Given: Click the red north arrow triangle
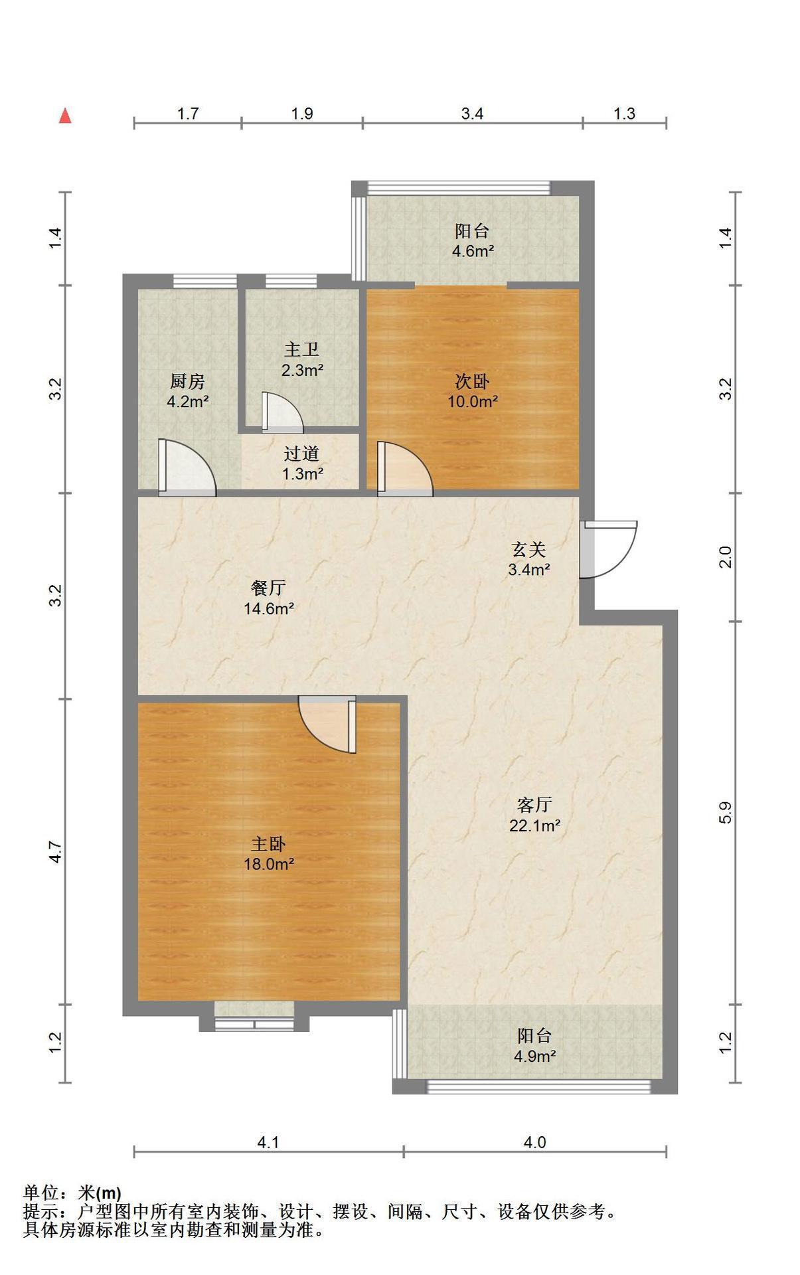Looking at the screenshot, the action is pos(65,116).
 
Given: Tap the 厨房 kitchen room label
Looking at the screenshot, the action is pos(188,382).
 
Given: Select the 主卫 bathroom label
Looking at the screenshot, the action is pos(302,350).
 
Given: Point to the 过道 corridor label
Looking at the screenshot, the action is pos(302,454).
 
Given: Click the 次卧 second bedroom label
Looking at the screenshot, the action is pos(473,381).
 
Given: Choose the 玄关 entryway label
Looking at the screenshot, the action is pos(528,549).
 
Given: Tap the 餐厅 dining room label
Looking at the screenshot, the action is pos(269,588).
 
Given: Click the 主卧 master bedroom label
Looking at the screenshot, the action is pos(269,844).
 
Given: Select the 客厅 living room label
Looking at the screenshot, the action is pos(534,805).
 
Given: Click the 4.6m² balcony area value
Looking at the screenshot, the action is pos(473,251).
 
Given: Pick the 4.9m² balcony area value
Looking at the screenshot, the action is pos(534,1056).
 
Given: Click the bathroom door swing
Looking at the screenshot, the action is pos(282,412).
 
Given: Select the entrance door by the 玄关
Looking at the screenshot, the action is pos(608,550).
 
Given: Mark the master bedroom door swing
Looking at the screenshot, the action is pos(327,724).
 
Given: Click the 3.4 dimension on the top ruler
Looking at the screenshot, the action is pos(473,114).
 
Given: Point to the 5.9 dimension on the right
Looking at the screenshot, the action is pos(725,813).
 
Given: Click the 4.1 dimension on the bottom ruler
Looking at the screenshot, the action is pos(268,1142).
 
